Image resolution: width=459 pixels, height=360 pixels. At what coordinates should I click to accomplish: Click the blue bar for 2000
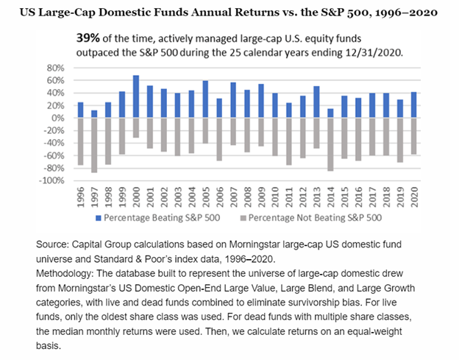click(136, 96)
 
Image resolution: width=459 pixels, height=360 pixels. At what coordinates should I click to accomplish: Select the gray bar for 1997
click(93, 145)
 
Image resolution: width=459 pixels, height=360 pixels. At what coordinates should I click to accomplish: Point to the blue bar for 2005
click(204, 99)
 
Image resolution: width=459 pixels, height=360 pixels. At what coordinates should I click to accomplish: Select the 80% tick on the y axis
click(57, 68)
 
